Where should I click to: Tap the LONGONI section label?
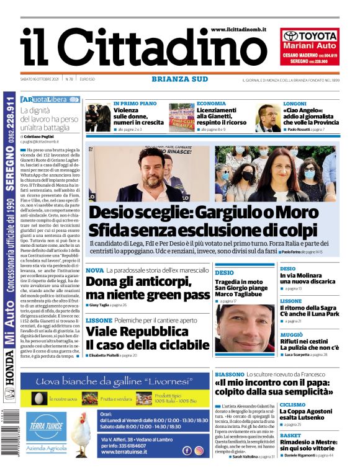(294, 104)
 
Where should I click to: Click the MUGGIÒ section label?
(292, 334)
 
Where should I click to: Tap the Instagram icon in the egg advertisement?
(199, 451)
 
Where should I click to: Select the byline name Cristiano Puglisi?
(43, 136)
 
